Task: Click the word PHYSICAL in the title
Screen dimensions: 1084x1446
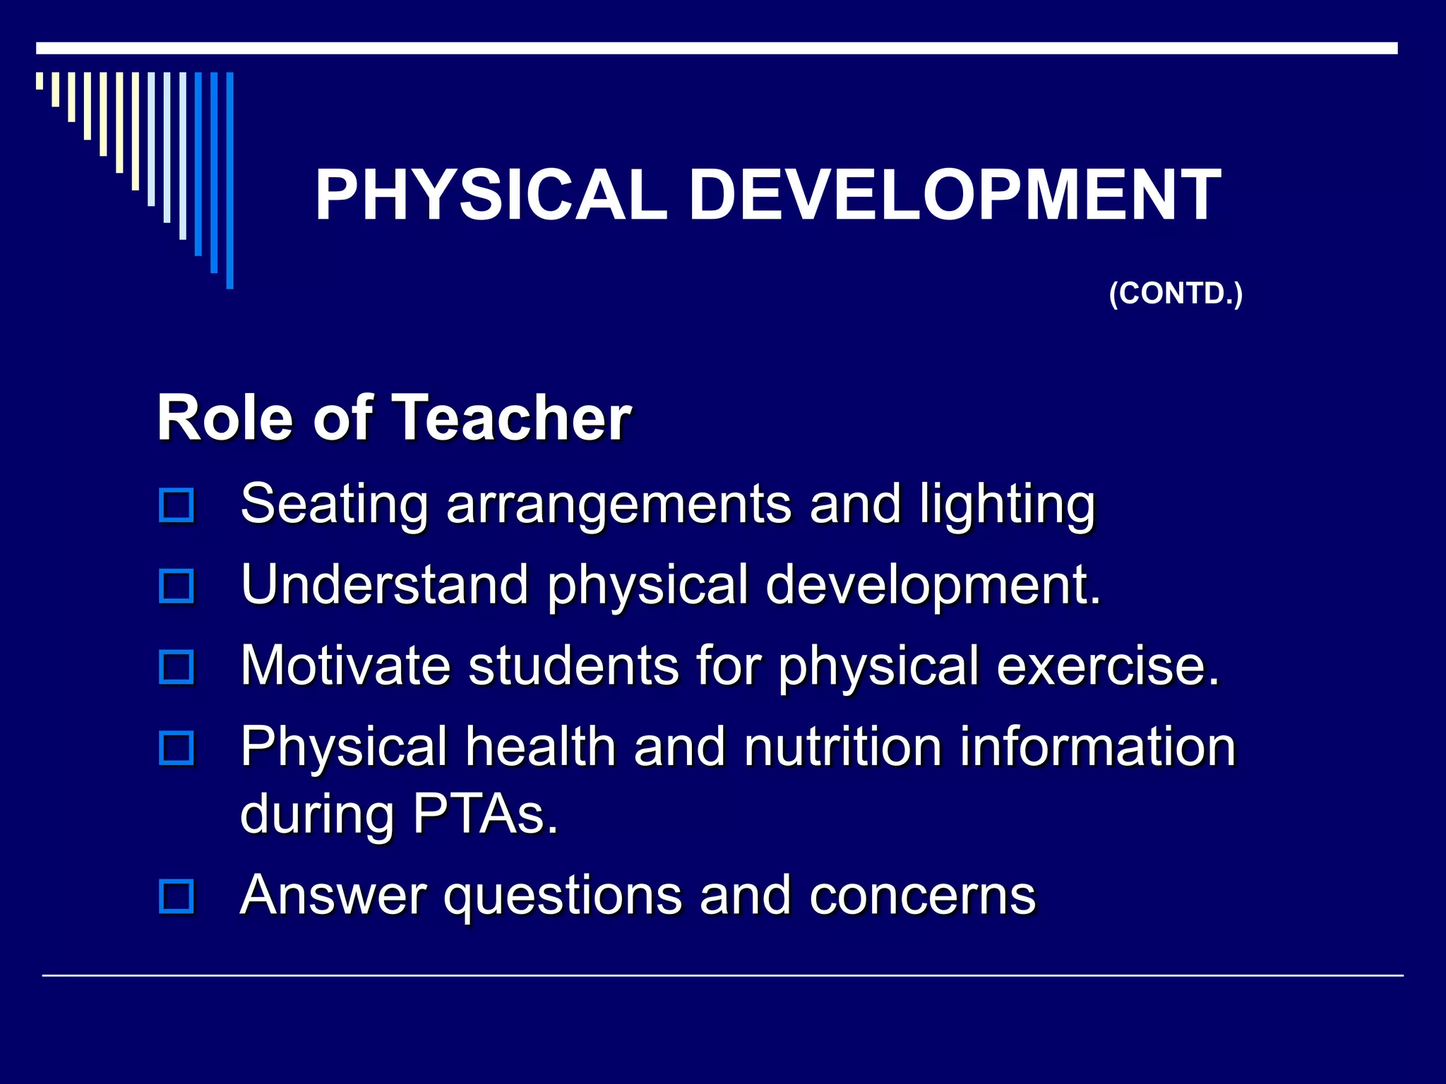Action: click(491, 195)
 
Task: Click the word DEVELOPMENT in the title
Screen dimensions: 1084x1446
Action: click(955, 195)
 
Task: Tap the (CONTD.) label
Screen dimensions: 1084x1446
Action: click(1176, 294)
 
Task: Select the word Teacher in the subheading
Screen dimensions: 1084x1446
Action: click(511, 418)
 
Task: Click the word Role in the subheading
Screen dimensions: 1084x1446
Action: click(225, 418)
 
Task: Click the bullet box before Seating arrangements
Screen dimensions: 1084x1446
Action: click(177, 505)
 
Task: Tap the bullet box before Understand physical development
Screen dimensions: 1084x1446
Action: click(177, 586)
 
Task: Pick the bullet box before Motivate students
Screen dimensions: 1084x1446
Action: click(177, 667)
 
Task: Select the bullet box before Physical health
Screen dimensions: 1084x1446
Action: click(177, 748)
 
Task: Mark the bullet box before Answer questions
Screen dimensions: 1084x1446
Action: click(177, 896)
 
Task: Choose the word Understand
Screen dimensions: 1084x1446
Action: click(385, 585)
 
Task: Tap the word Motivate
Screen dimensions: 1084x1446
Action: click(345, 666)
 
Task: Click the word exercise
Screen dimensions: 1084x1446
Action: click(1108, 666)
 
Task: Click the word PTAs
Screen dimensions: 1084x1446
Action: click(485, 814)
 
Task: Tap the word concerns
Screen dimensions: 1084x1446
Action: click(922, 895)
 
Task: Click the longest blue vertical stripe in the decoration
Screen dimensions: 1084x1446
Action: click(229, 181)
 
